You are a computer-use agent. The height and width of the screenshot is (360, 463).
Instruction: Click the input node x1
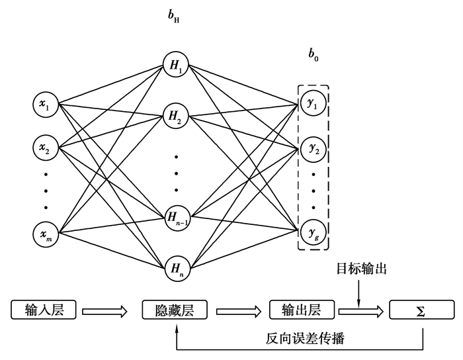[x=47, y=104]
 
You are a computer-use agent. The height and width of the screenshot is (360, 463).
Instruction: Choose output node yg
[x=313, y=232]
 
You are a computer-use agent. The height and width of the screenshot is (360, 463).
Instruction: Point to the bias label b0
[x=313, y=56]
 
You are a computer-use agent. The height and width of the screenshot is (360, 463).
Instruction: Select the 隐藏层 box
[x=175, y=310]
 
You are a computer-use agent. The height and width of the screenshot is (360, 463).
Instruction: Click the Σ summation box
[x=422, y=310]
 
